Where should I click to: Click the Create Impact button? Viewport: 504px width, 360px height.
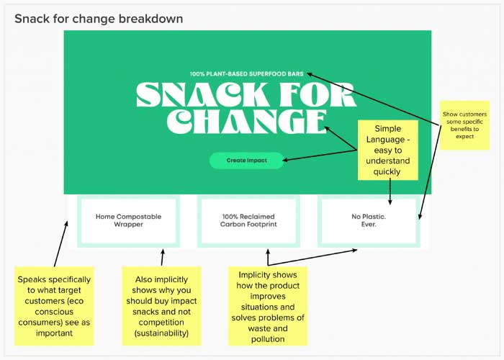click(x=246, y=161)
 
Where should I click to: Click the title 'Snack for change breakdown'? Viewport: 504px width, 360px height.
click(x=99, y=19)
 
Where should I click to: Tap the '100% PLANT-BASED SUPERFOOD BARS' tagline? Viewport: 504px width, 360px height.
click(x=246, y=74)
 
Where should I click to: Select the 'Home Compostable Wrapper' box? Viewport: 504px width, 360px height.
click(x=128, y=221)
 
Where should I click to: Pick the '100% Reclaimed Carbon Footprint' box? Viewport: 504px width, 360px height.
click(x=248, y=221)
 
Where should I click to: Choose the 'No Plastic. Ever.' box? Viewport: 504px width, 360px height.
click(x=369, y=221)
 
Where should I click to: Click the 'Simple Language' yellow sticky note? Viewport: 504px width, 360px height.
click(x=388, y=150)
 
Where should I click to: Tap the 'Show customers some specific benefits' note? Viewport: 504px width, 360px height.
click(x=464, y=125)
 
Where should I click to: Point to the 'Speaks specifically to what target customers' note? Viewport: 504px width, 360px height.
click(x=54, y=306)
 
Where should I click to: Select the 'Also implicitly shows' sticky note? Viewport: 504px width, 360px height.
click(x=161, y=306)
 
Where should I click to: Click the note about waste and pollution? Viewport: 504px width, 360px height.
click(x=268, y=306)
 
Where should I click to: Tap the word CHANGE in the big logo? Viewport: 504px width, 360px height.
click(x=247, y=121)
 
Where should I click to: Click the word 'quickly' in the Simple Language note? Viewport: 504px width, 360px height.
click(x=387, y=171)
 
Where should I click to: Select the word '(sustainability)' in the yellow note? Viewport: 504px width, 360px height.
click(x=161, y=333)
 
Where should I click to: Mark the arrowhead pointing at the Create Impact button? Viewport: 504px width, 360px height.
click(x=285, y=160)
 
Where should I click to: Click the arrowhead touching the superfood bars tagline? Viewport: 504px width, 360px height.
click(x=309, y=74)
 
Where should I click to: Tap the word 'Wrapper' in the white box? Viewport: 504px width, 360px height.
click(x=128, y=225)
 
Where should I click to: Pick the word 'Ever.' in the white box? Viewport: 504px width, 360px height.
click(x=369, y=225)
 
